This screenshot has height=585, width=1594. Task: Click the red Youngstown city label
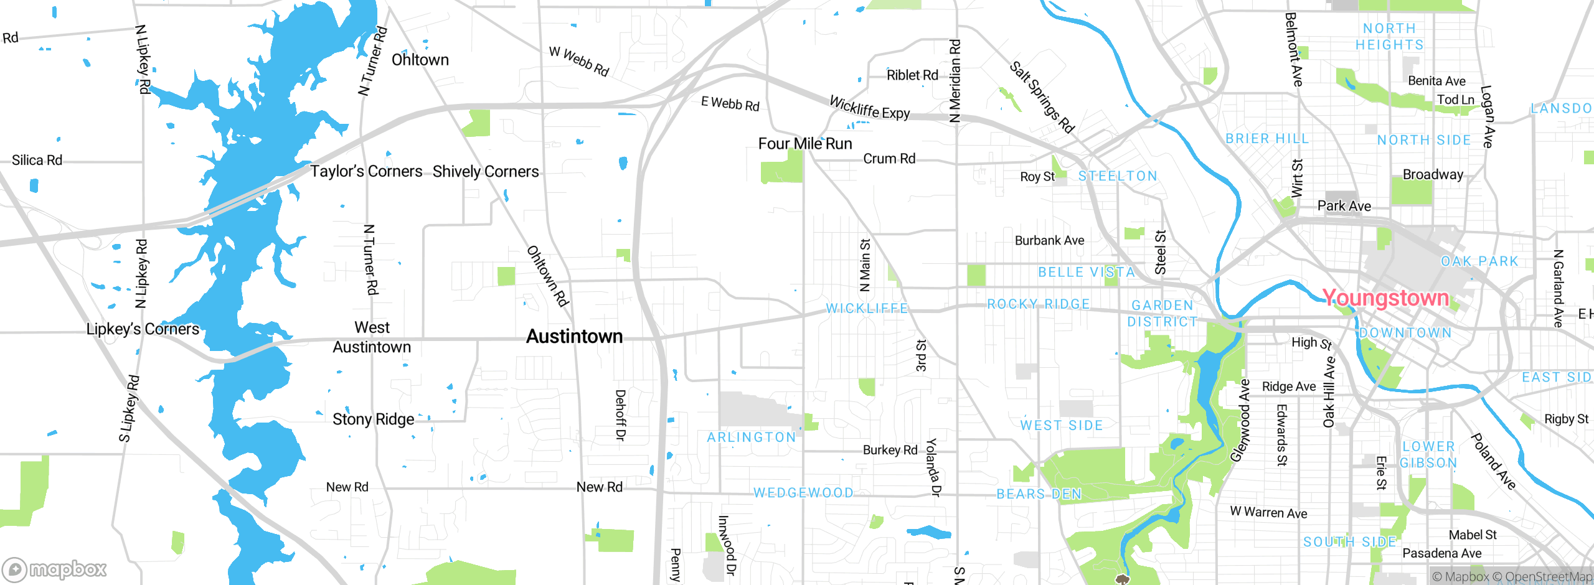click(x=1385, y=298)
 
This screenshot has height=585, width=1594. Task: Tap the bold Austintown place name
click(x=574, y=337)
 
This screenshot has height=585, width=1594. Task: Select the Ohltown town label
click(x=420, y=60)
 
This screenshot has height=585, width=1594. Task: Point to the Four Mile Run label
click(x=804, y=144)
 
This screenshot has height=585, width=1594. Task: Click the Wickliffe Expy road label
click(x=869, y=108)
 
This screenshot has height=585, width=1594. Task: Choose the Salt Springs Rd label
click(x=1042, y=97)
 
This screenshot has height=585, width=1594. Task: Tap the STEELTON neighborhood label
click(x=1118, y=176)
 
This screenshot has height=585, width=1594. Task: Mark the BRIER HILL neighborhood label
click(x=1267, y=139)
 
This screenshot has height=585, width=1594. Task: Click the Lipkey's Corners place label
click(x=143, y=329)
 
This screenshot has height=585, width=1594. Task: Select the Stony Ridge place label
click(x=373, y=419)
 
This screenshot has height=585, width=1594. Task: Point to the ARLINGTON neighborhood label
click(x=752, y=438)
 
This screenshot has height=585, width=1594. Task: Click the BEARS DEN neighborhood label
click(x=1039, y=494)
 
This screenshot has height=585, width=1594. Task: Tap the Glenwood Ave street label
click(x=1240, y=421)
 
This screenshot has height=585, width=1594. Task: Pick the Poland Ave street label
click(x=1493, y=461)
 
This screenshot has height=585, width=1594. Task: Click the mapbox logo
click(x=55, y=569)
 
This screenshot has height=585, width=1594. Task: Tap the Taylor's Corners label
click(x=366, y=171)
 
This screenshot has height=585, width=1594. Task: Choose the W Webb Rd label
click(x=578, y=61)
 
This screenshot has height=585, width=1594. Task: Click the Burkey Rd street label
click(x=890, y=450)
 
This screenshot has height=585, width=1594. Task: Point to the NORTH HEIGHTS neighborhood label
click(x=1390, y=37)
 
